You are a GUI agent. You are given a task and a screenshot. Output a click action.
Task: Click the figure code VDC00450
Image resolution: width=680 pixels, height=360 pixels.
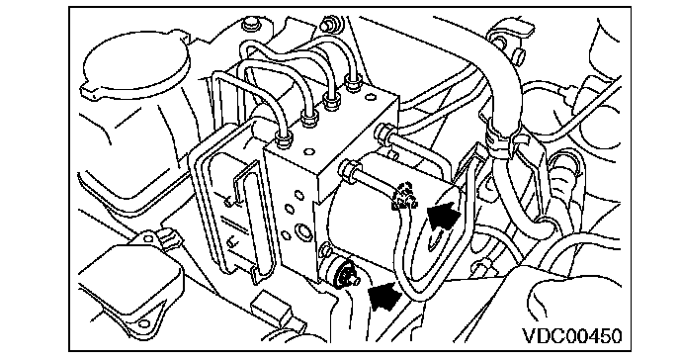tap(571, 335)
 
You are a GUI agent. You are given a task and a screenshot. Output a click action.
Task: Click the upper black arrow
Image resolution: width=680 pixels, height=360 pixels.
tap(443, 215)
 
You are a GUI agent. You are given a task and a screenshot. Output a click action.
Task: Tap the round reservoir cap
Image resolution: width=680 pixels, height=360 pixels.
tap(134, 65)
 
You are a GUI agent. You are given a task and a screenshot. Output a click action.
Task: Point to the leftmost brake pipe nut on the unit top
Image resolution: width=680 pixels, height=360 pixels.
tap(284, 139)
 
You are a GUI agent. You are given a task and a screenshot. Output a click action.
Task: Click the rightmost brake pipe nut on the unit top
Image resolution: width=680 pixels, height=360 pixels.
tap(354, 82)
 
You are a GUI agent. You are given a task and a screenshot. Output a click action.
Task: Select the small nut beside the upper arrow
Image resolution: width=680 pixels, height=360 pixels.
tap(405, 196)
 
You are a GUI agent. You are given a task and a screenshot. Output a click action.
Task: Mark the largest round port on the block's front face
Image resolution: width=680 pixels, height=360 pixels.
tap(304, 231)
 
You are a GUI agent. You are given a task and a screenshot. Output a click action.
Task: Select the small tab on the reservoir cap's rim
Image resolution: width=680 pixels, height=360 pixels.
tap(92, 93)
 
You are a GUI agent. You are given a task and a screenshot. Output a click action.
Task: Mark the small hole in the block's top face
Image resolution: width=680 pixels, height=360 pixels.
tap(309, 151)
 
